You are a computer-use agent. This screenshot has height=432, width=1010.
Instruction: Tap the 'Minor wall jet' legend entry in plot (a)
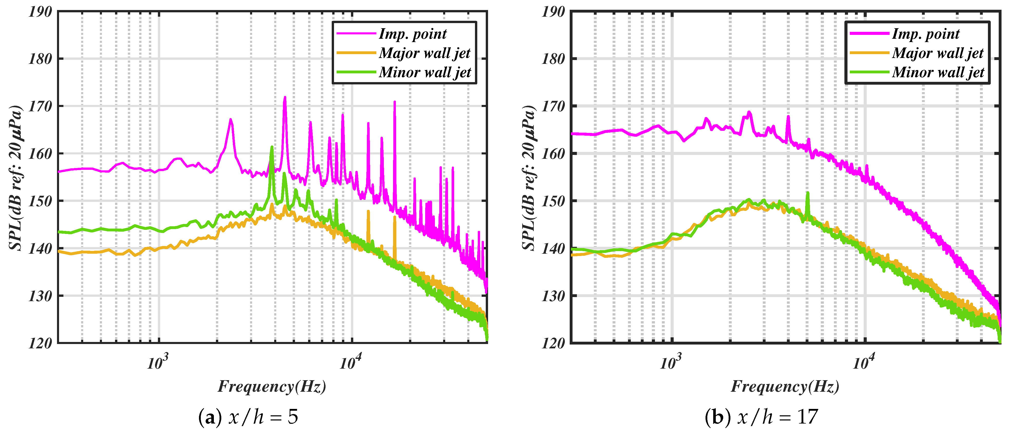425,72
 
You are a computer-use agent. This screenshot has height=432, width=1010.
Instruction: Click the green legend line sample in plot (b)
869,72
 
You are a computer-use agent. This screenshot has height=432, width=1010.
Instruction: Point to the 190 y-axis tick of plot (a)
40,12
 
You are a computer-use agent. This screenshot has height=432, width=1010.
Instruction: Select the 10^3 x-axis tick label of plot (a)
158,363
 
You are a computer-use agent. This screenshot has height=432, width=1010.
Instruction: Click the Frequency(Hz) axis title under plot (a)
272,387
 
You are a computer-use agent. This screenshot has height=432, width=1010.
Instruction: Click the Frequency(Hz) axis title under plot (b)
785,387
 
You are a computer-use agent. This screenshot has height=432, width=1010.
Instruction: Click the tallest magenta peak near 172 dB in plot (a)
285,98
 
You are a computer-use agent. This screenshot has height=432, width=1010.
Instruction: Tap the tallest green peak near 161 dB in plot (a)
272,147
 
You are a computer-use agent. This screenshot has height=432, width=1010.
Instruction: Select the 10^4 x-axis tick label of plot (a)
350,363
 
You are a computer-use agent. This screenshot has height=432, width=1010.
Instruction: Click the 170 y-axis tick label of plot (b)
553,106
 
